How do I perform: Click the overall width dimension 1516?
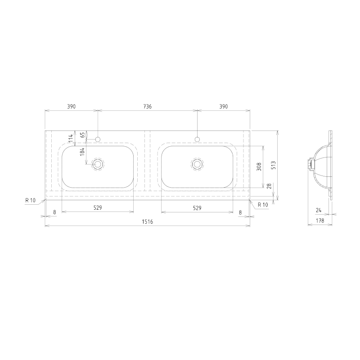coord(148,222)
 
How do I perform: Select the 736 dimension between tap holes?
coord(147,107)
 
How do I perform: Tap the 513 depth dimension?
coord(274,165)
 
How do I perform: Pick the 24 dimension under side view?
coord(318,210)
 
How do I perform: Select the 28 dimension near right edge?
coord(269,186)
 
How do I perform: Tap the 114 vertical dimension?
coord(70,138)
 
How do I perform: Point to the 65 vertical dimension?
coord(82,135)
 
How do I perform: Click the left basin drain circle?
coord(98,164)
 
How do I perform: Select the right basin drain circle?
coord(197,164)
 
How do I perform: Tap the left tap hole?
coord(98,139)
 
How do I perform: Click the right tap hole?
coord(197,139)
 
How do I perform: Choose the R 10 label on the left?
coord(31,200)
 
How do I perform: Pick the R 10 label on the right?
coord(262,204)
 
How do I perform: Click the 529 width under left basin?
coord(98,208)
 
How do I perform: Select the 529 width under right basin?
coord(197,208)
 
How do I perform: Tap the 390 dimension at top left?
coord(71,107)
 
